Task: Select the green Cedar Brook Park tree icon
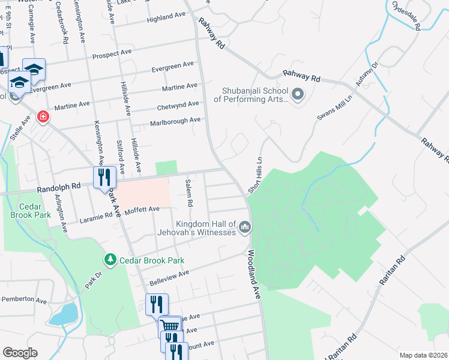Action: (x=109, y=260)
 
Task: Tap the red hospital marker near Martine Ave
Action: (x=43, y=116)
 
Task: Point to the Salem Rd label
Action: (x=188, y=193)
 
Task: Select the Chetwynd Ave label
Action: (x=178, y=104)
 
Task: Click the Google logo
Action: (x=20, y=352)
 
